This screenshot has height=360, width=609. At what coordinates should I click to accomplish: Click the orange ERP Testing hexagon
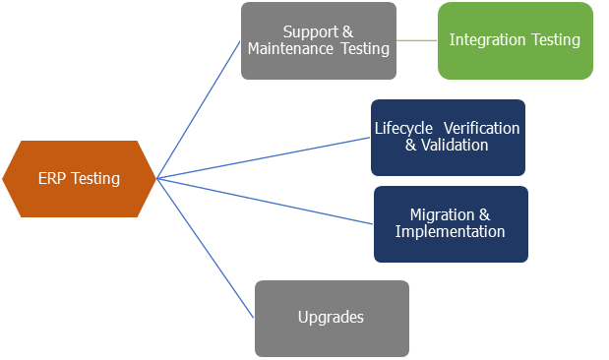[80, 179]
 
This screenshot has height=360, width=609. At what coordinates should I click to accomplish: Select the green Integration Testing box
[515, 40]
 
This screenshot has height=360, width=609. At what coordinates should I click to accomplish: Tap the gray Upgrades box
[332, 318]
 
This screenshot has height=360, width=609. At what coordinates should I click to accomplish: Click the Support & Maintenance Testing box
[318, 40]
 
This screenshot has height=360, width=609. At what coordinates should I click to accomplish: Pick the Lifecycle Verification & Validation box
[448, 137]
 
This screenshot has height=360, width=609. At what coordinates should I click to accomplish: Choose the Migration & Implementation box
[451, 223]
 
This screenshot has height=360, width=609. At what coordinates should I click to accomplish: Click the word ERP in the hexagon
[52, 179]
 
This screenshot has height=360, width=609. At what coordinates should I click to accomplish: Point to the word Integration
[487, 40]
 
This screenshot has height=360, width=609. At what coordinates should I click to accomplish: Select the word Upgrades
[332, 318]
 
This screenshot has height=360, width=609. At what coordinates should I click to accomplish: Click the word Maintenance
[289, 49]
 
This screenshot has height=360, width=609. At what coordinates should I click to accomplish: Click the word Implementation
[450, 232]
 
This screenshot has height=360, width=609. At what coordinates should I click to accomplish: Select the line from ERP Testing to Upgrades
[207, 249]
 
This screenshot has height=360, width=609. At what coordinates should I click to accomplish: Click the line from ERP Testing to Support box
[199, 109]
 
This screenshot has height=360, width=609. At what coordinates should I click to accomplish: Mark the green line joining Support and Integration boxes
[417, 40]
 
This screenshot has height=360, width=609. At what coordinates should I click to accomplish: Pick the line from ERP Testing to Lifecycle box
[264, 157]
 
